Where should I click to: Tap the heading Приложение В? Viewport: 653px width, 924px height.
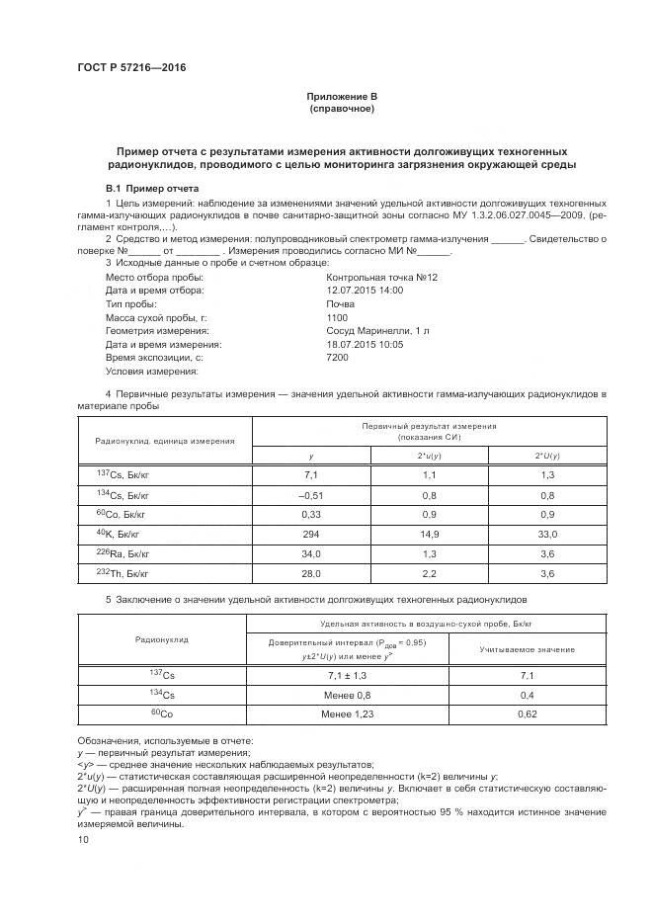click(341, 96)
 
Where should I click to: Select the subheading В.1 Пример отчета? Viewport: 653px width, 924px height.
click(152, 188)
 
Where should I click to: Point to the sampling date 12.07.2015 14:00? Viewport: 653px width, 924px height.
click(365, 291)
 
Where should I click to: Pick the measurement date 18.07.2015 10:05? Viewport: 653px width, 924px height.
click(365, 345)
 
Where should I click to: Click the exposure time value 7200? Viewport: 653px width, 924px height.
click(337, 358)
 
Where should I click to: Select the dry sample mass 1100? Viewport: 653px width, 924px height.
click(337, 317)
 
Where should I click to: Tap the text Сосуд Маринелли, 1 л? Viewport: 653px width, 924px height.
click(369, 331)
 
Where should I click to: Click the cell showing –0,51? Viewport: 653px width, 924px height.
click(311, 494)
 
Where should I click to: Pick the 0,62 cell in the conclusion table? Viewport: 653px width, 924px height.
click(527, 712)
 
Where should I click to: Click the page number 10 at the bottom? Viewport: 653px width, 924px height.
click(83, 839)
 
